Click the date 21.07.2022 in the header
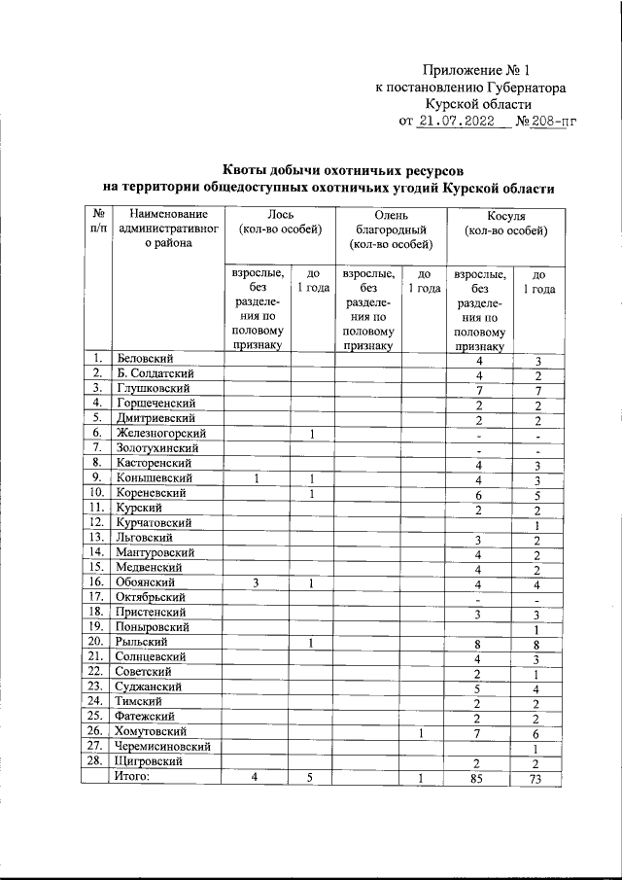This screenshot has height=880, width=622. click(x=455, y=122)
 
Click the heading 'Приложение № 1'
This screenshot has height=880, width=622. click(x=476, y=70)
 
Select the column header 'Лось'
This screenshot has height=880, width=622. click(x=280, y=214)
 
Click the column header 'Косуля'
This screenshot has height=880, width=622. click(x=505, y=214)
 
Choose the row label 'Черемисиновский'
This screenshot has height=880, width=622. click(x=162, y=746)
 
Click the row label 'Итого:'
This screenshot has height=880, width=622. click(x=135, y=775)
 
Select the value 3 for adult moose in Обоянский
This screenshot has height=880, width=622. click(x=257, y=582)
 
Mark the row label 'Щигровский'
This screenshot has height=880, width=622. click(x=147, y=760)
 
